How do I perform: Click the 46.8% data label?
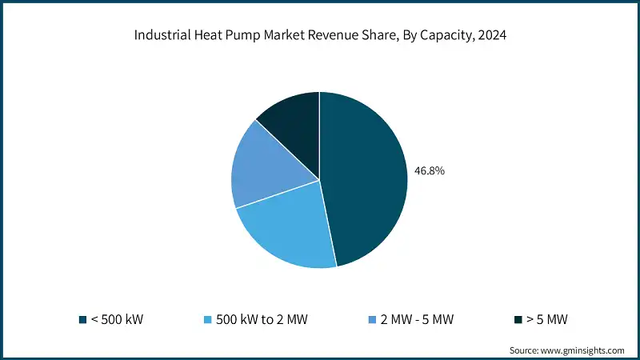[x=430, y=170]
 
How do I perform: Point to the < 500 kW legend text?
[x=118, y=320]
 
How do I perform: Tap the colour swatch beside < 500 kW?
[x=82, y=320]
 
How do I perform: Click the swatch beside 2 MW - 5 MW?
[x=371, y=320]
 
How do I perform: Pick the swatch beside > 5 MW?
[x=518, y=320]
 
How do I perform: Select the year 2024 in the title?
[x=490, y=35]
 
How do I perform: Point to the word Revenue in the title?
[x=331, y=35]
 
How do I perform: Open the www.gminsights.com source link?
[x=583, y=350]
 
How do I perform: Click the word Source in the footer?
[x=524, y=350]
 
